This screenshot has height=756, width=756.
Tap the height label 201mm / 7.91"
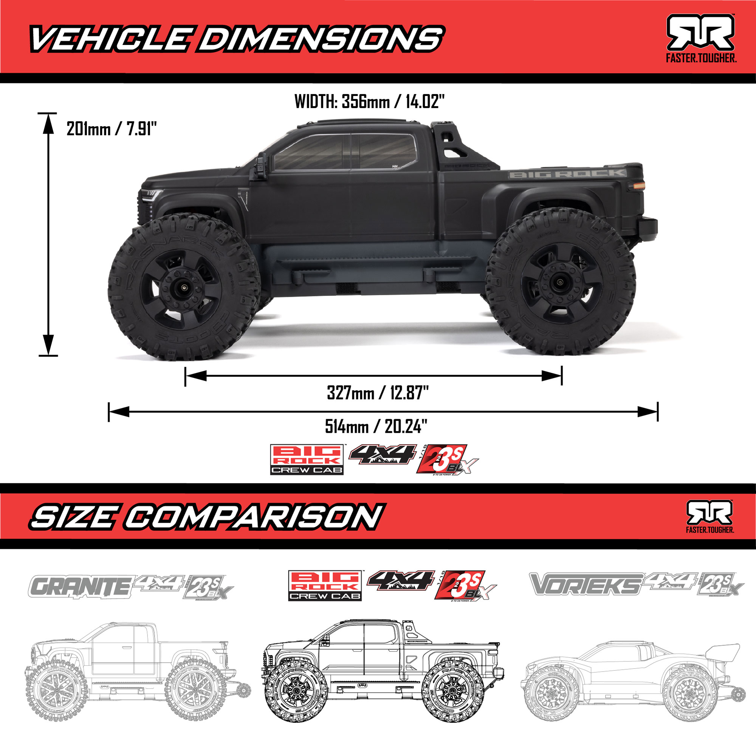112,129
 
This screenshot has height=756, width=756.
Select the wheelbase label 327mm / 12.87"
378,392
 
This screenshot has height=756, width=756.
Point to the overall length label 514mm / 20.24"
376,426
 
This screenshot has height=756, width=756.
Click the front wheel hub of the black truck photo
183,288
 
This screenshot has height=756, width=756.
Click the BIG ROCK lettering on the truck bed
567,174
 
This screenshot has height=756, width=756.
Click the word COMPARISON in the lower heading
254,516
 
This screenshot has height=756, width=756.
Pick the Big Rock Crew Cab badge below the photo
307,460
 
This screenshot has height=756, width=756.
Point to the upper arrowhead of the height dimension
48,122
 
